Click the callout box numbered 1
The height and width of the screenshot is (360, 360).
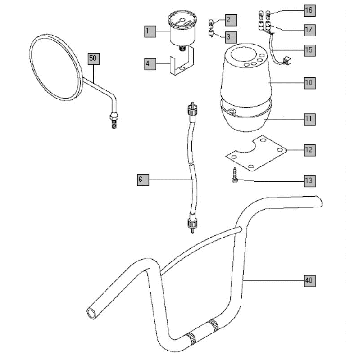148,32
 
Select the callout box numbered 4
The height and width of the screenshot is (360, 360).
148,64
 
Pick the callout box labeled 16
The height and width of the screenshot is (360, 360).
309,10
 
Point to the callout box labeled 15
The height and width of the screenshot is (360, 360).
309,50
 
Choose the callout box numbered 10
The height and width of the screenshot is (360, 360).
309,82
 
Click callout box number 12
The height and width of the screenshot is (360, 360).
309,150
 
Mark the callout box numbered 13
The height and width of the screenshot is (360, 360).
309,181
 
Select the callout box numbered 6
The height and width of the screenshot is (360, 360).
142,180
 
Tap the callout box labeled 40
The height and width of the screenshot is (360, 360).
309,282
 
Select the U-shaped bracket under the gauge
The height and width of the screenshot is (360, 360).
178,68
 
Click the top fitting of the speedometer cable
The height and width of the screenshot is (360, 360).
190,108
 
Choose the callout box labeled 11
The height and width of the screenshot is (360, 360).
309,118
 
